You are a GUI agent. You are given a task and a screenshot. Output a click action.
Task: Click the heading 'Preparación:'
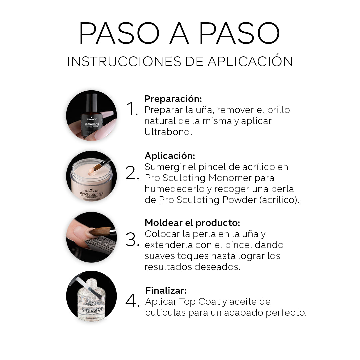coord(173,99)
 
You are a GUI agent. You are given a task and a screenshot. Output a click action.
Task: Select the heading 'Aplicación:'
coord(170,156)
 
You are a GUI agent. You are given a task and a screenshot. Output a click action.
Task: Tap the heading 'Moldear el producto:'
coord(192,223)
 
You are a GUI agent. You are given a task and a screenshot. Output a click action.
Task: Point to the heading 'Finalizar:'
coord(166,290)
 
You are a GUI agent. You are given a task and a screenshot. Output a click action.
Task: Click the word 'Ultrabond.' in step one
coord(168,132)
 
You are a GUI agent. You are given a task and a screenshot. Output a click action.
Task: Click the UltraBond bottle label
coord(92,125)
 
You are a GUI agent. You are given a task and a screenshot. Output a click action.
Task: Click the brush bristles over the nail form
coord(100,231)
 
